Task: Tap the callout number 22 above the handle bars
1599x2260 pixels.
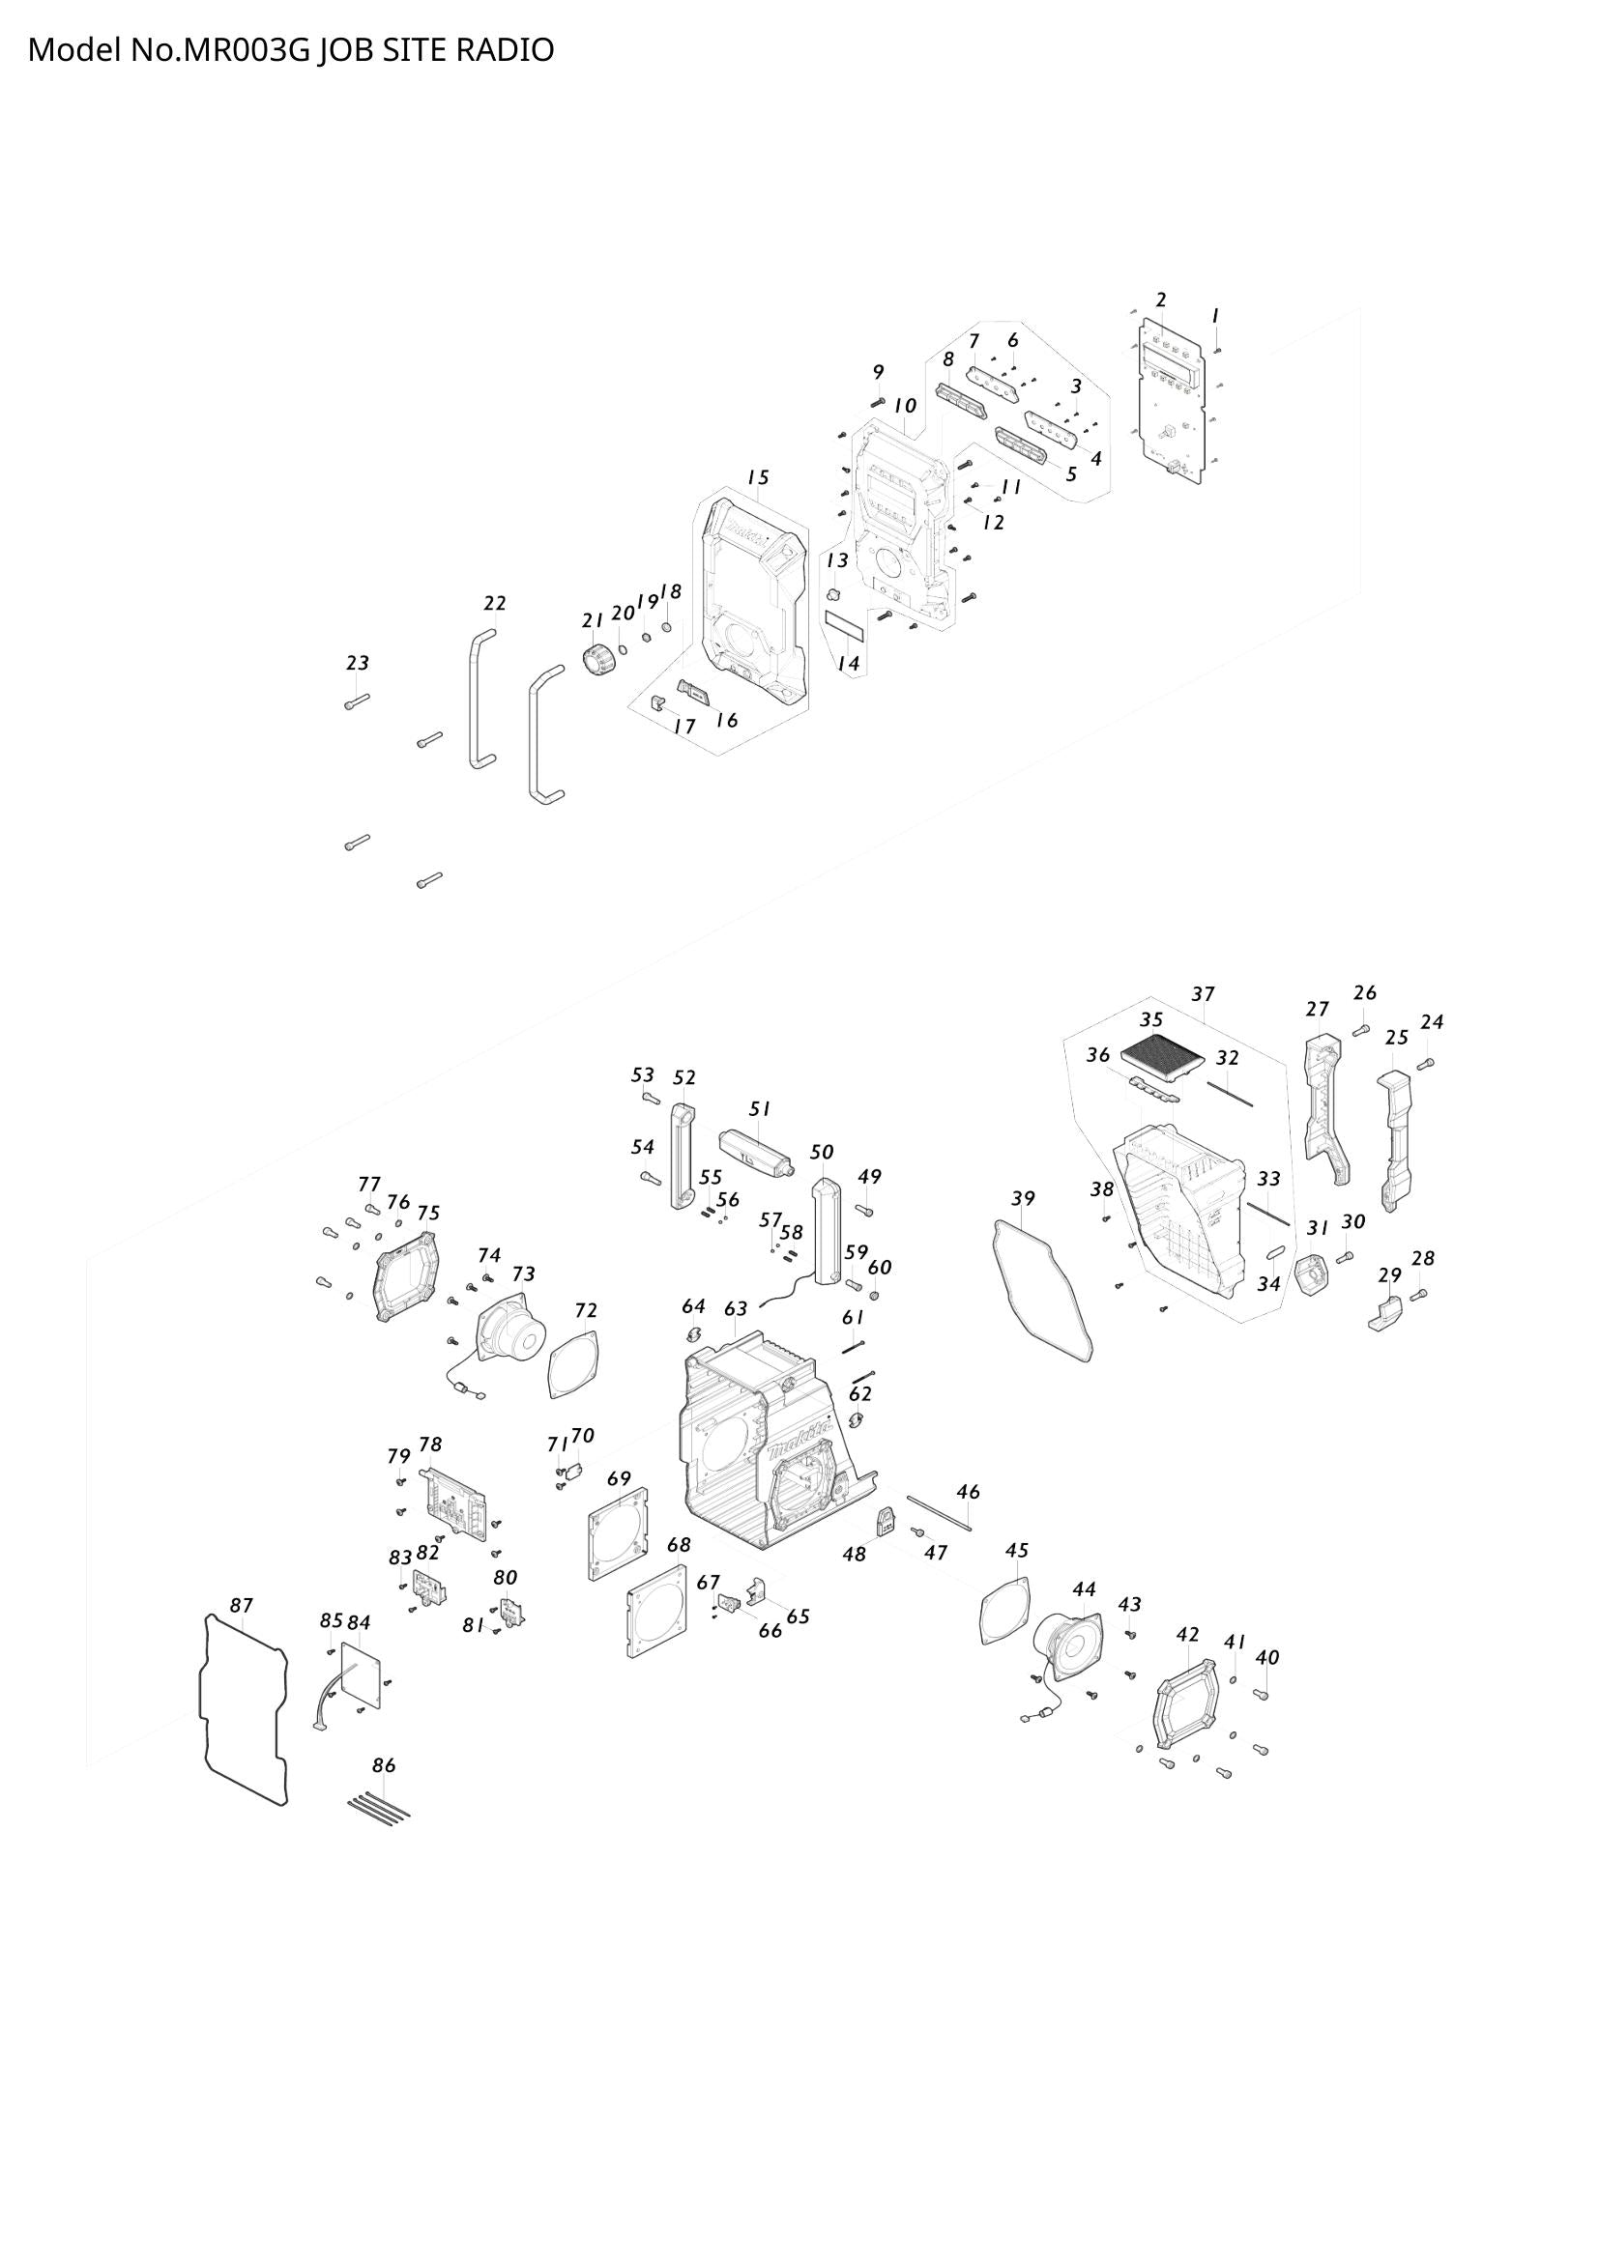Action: click(x=494, y=602)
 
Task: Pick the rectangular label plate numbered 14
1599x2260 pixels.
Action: click(x=844, y=623)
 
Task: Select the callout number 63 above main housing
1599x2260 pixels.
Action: click(x=736, y=1309)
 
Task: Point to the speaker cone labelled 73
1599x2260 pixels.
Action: click(x=511, y=1331)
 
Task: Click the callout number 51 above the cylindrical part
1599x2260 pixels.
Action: click(x=759, y=1108)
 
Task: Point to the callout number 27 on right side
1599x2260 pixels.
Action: click(x=1318, y=1009)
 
